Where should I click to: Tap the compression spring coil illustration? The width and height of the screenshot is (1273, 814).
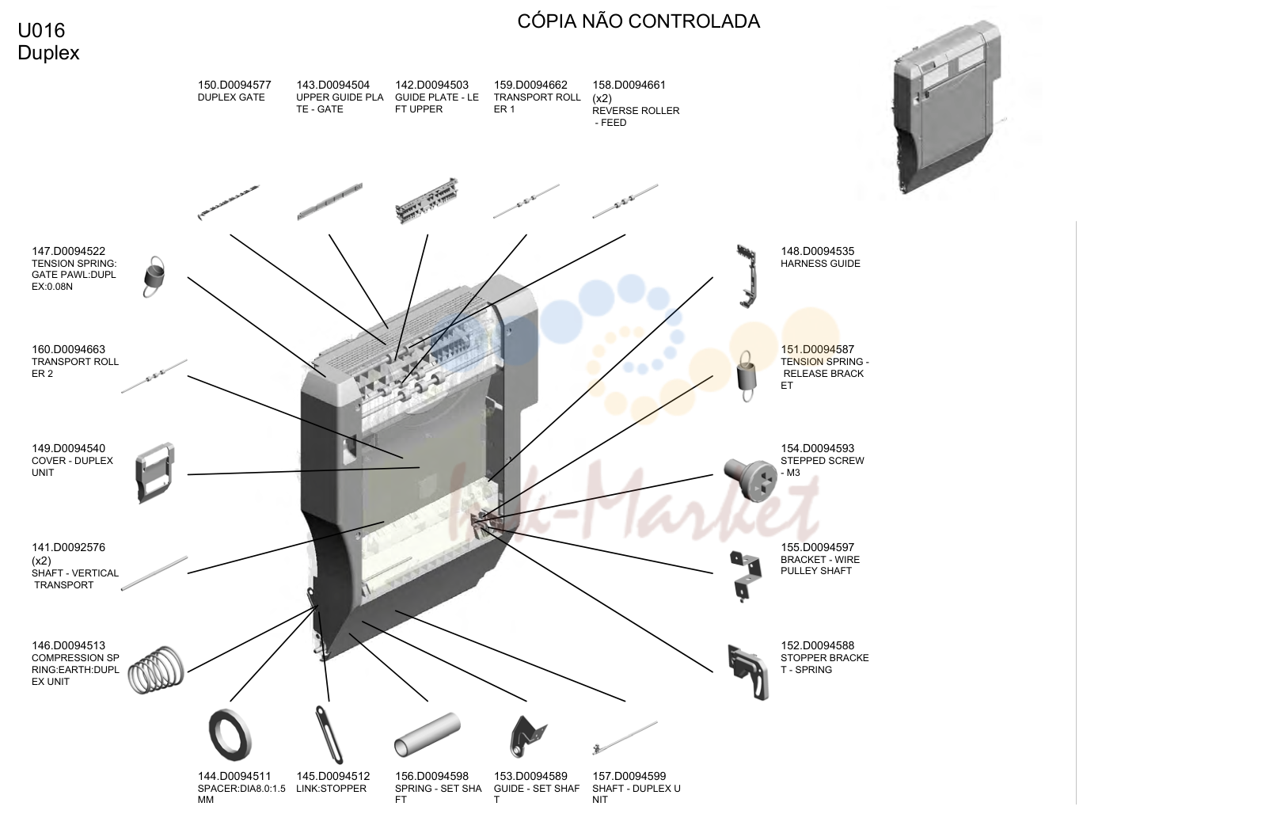click(x=156, y=670)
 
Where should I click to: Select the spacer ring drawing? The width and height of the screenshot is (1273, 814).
click(x=230, y=734)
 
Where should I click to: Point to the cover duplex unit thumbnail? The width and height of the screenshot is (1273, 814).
click(x=154, y=473)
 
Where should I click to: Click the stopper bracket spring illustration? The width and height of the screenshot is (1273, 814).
click(x=747, y=672)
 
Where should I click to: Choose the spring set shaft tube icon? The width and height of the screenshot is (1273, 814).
click(x=427, y=734)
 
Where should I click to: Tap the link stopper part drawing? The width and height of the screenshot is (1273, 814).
click(x=329, y=734)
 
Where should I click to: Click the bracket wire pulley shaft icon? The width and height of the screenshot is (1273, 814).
click(x=745, y=576)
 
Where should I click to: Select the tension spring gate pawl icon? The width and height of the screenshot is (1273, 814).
click(x=154, y=277)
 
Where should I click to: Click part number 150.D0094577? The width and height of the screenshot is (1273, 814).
click(x=234, y=85)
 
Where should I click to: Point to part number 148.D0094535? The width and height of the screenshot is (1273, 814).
click(x=817, y=251)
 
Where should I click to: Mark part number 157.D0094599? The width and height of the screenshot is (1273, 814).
click(x=629, y=776)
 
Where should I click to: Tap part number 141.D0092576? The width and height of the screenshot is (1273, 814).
click(x=68, y=547)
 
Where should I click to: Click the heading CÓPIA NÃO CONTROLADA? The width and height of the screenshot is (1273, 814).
click(x=638, y=21)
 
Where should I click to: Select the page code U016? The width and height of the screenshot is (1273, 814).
click(x=41, y=30)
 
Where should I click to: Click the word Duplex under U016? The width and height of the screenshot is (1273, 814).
click(x=48, y=53)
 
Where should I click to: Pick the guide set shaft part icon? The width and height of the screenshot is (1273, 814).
click(x=527, y=736)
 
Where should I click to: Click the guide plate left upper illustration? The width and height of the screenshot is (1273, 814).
click(x=427, y=201)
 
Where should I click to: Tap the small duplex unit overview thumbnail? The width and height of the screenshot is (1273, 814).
click(x=946, y=108)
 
